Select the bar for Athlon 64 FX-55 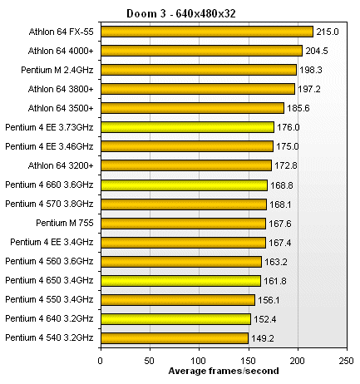click(206, 32)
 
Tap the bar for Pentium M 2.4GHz click(199, 70)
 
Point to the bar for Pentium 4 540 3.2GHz click(175, 338)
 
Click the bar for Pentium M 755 click(183, 223)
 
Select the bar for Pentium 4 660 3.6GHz click(184, 185)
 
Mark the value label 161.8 click(275, 280)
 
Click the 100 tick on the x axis click(198, 361)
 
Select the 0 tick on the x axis click(101, 361)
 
